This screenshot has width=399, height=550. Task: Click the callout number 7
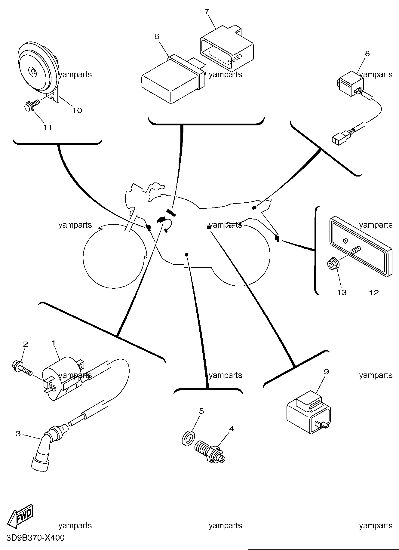(x=207, y=12)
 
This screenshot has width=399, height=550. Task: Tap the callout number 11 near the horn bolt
(x=47, y=127)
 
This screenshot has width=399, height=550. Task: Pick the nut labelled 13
(x=333, y=264)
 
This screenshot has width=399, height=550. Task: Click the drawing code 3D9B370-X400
(x=35, y=538)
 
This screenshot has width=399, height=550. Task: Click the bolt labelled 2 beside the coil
(x=22, y=368)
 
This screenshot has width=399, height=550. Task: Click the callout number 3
(x=18, y=434)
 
